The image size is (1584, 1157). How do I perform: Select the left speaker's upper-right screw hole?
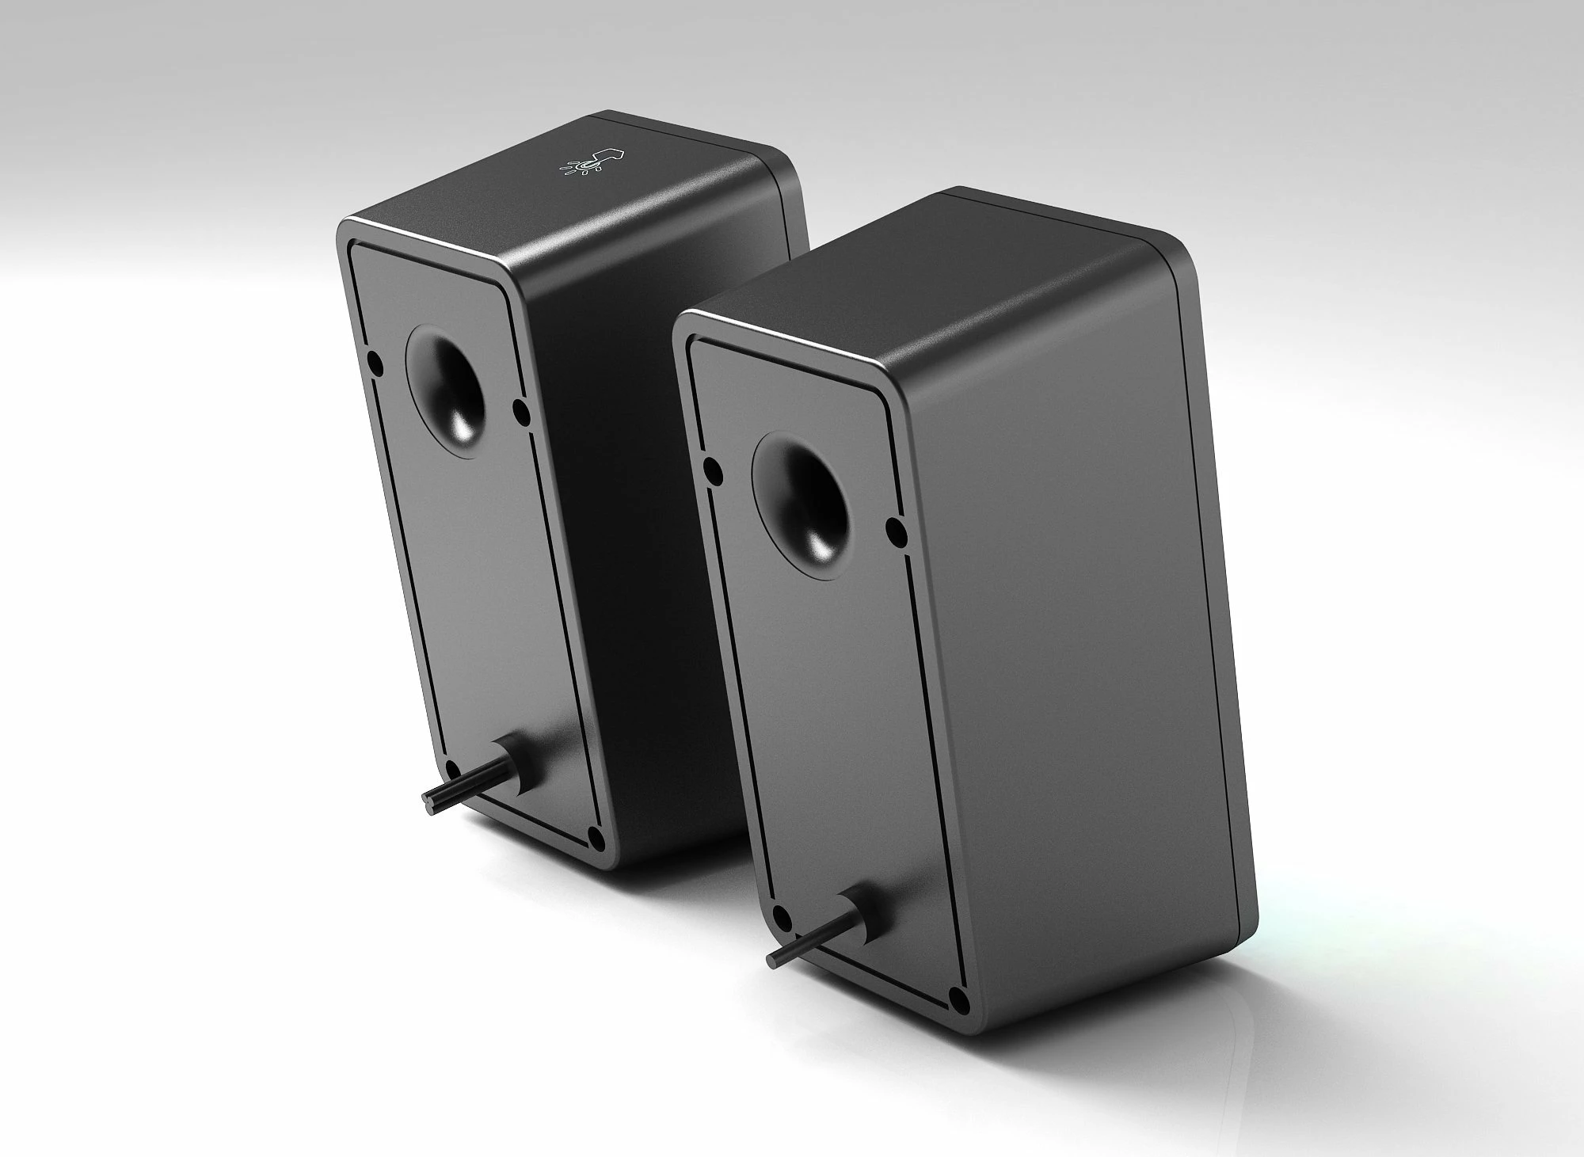(x=520, y=409)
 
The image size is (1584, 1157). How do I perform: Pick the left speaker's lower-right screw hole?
(x=596, y=834)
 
